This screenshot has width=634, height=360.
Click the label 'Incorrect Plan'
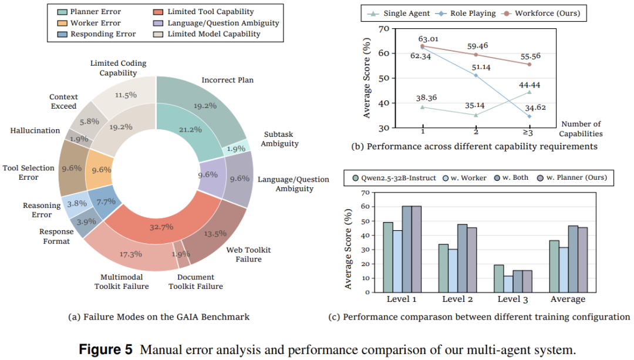[x=228, y=80]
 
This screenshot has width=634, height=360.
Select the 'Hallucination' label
[x=35, y=130]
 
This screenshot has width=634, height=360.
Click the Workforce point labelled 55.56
[x=529, y=64]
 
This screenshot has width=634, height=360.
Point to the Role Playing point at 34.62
[x=529, y=116]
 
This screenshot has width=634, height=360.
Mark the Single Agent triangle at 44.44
[x=529, y=92]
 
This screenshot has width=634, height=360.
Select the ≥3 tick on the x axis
[x=529, y=133]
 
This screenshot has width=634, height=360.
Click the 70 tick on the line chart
[x=384, y=29]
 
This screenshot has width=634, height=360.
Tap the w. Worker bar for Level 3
[x=508, y=284]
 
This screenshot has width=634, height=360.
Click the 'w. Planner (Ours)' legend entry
[x=572, y=177]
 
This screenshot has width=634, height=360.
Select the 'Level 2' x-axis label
[x=458, y=300]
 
